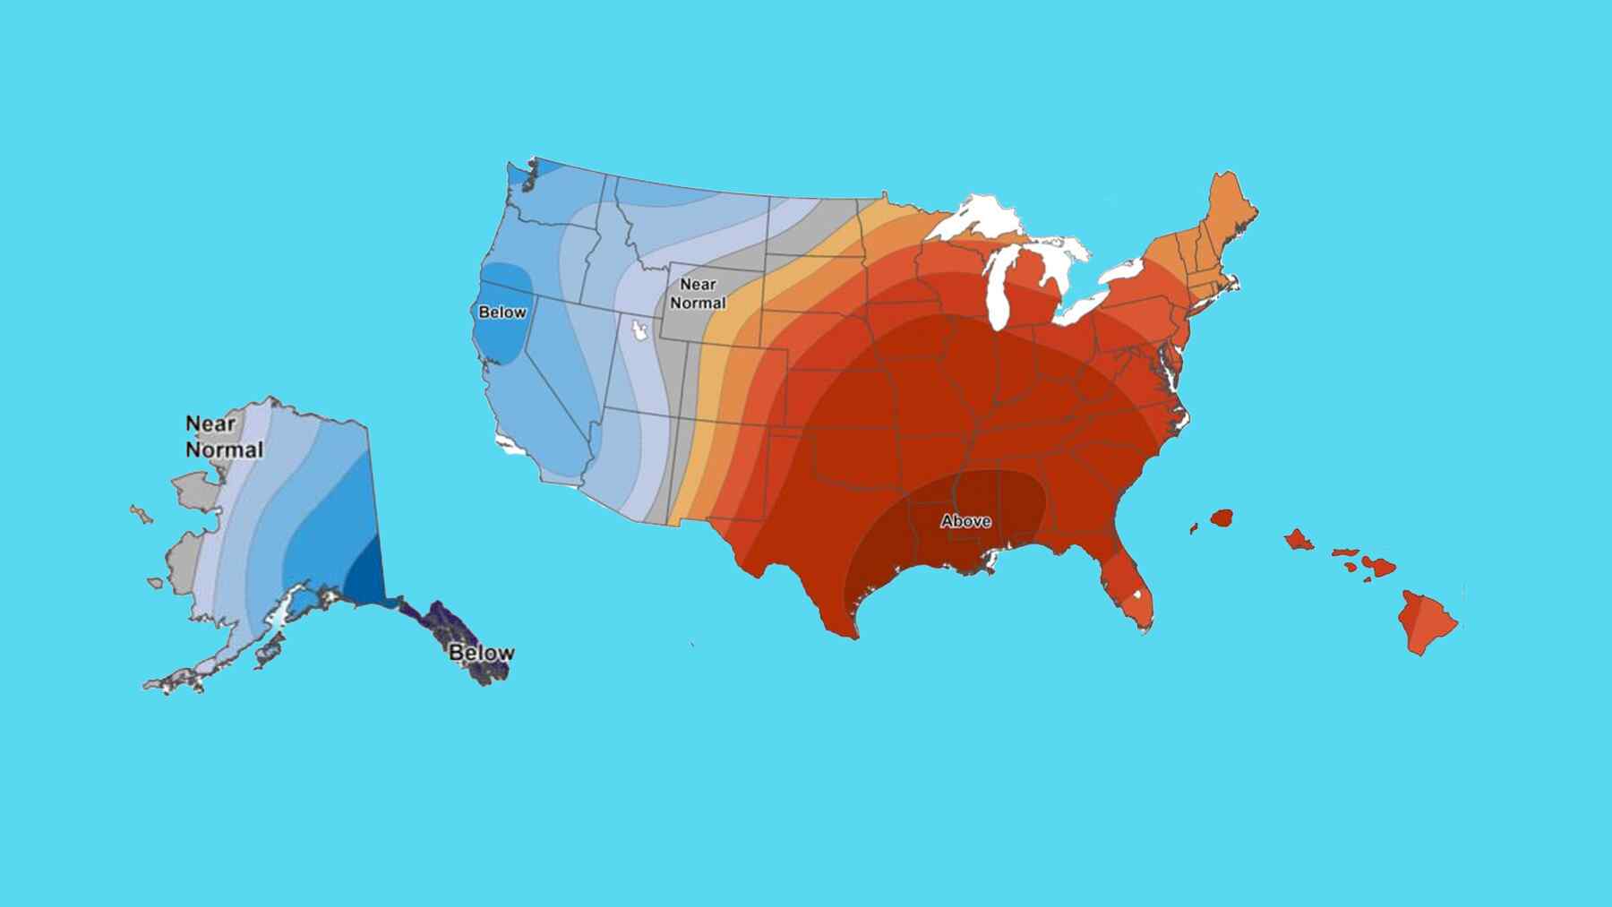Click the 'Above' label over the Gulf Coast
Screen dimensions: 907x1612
point(965,521)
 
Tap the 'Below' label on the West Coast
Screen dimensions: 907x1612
point(502,312)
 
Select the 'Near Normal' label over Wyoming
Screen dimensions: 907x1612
point(698,294)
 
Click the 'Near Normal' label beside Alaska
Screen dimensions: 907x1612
point(223,436)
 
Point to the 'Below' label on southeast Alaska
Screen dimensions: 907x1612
point(481,653)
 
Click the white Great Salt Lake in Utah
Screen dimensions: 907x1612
point(639,331)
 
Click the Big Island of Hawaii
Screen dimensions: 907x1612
point(1427,621)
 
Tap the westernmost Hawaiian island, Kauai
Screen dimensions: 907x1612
point(1222,518)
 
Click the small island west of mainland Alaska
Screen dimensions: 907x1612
point(141,514)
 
